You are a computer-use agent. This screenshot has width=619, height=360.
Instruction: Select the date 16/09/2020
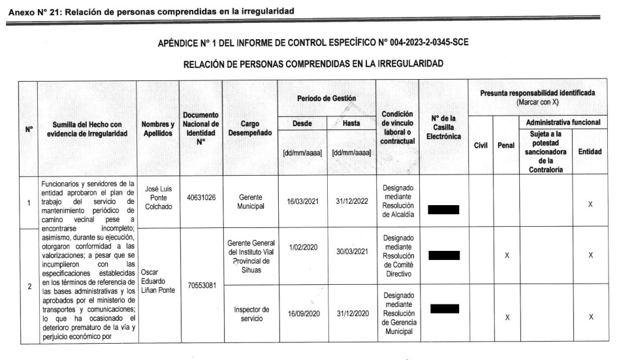point(302,313)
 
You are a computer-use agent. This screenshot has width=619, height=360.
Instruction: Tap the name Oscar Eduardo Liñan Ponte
point(157,280)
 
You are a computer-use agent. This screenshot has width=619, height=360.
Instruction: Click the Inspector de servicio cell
point(251,313)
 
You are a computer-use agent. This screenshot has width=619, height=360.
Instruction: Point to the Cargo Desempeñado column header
point(251,127)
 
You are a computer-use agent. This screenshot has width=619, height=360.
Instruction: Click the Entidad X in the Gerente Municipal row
point(590,205)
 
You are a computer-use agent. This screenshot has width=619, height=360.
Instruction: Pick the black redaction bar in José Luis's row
point(444,209)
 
